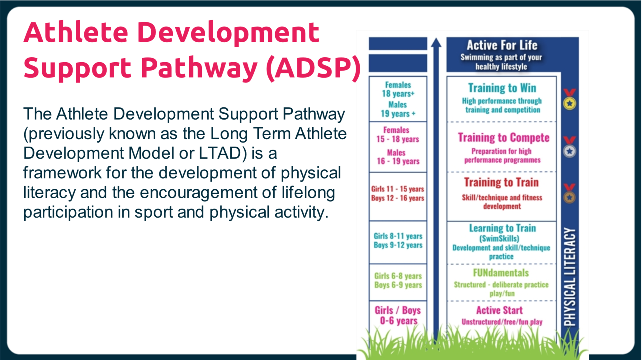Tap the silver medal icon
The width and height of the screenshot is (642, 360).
click(x=569, y=147)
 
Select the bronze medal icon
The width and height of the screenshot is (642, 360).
click(x=569, y=193)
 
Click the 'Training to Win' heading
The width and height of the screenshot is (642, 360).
click(x=502, y=88)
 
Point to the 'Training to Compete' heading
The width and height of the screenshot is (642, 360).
click(x=503, y=138)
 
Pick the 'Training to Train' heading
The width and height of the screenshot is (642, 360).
click(x=501, y=182)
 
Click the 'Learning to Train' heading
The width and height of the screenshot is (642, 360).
click(x=503, y=228)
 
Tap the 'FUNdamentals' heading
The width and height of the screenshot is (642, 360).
click(x=501, y=273)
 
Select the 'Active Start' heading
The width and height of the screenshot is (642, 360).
click(x=499, y=310)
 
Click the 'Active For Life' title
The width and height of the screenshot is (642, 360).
click(x=502, y=45)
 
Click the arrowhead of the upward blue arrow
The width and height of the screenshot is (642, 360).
click(x=436, y=43)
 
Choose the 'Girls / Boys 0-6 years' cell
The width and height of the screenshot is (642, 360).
click(x=398, y=315)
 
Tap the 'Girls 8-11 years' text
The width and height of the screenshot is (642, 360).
click(x=398, y=236)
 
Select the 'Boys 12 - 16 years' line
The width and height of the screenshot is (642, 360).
click(x=398, y=198)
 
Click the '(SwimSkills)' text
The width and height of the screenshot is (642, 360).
click(x=499, y=239)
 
